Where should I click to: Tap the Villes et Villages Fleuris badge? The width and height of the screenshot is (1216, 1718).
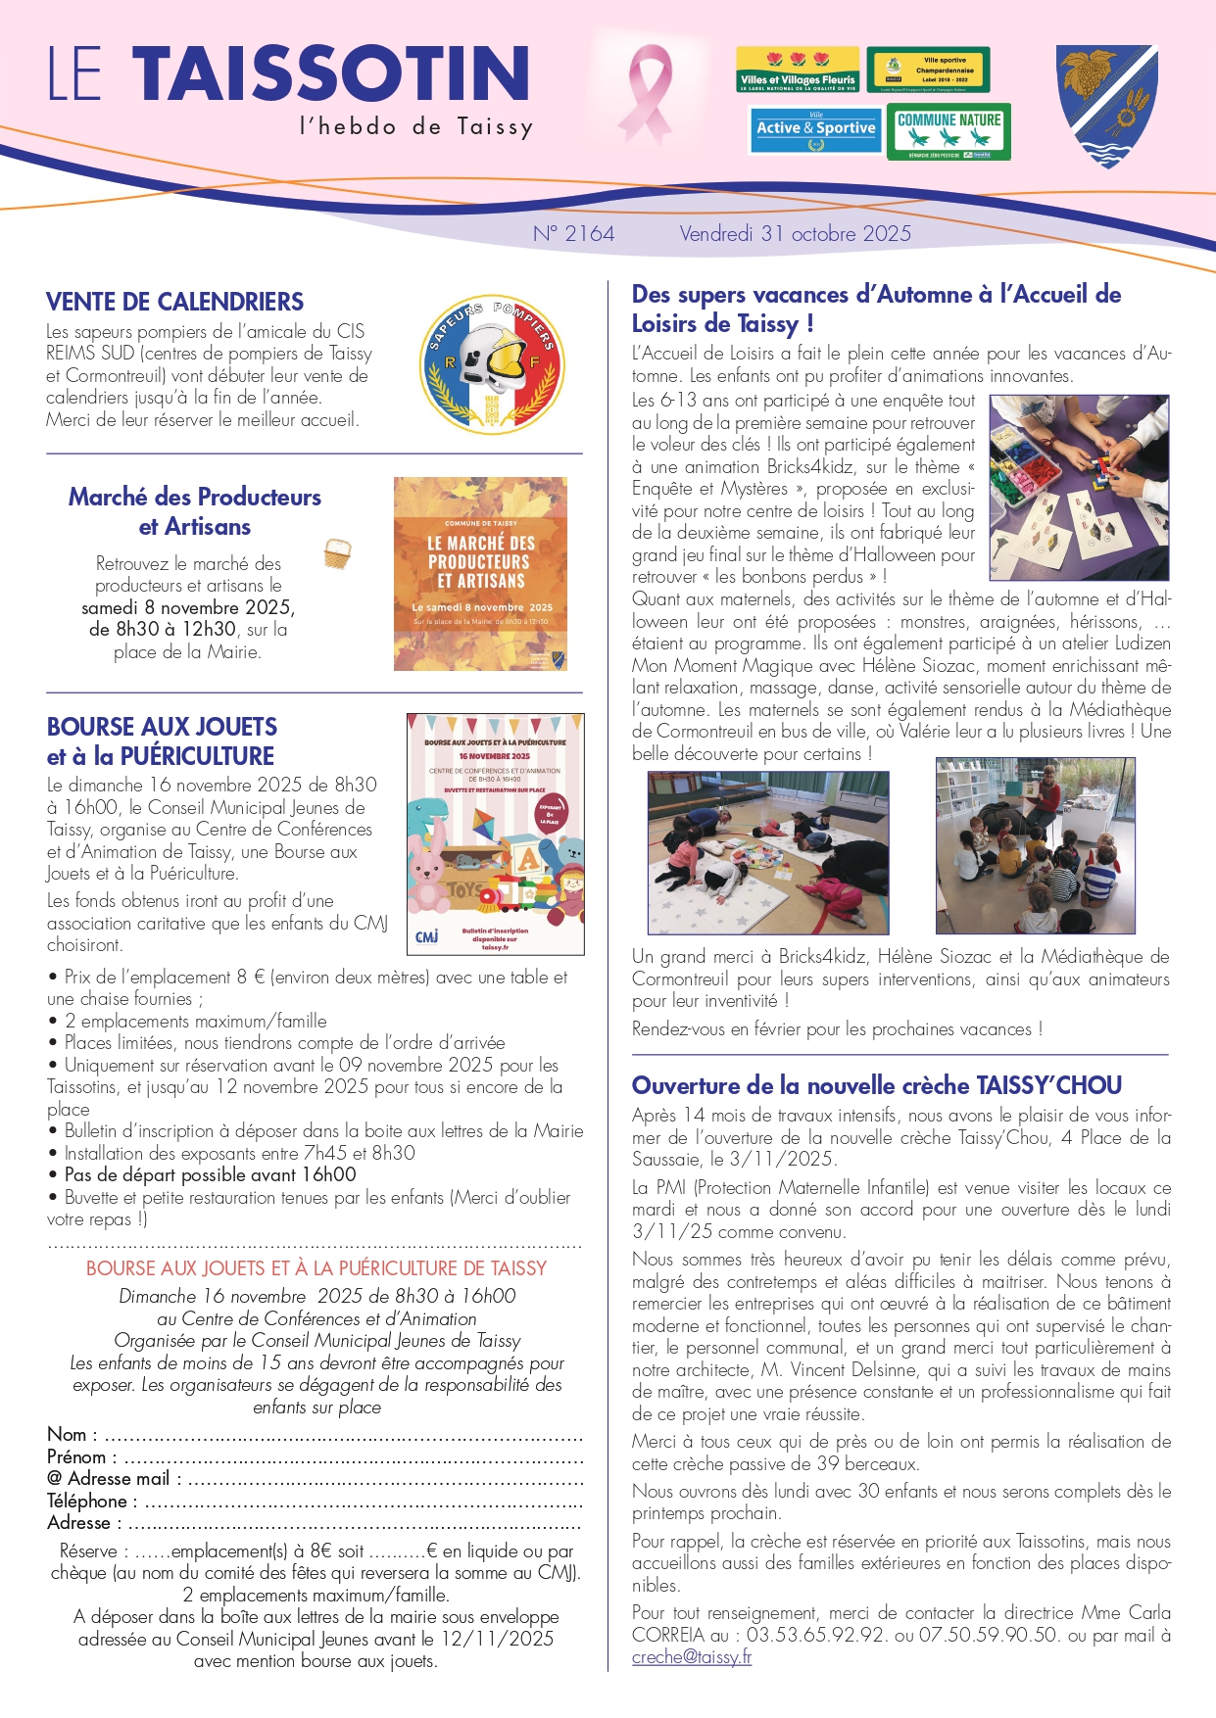click(x=798, y=70)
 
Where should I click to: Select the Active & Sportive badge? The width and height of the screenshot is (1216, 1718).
click(x=815, y=130)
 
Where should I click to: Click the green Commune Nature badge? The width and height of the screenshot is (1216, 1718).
click(x=948, y=131)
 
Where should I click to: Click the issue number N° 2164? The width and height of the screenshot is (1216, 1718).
click(x=573, y=233)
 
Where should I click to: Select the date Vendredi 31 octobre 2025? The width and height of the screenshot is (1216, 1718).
click(x=795, y=233)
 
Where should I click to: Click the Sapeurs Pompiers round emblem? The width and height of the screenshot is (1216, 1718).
click(x=492, y=363)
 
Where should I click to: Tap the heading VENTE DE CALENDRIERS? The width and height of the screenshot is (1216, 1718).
click(x=174, y=302)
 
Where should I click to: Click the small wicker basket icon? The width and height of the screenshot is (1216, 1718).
click(x=337, y=553)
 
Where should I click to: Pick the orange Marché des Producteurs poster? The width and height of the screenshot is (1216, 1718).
click(x=480, y=573)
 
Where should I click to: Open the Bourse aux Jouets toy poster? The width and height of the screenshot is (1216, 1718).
click(x=495, y=834)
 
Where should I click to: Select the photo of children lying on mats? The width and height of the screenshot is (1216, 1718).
click(x=768, y=852)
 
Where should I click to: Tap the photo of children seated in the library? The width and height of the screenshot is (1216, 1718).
click(x=1035, y=845)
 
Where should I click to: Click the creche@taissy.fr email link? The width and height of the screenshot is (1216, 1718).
click(x=692, y=1656)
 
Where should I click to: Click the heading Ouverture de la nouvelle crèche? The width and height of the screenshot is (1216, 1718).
click(x=876, y=1085)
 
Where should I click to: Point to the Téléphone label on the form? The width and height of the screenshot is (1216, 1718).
click(x=87, y=1501)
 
